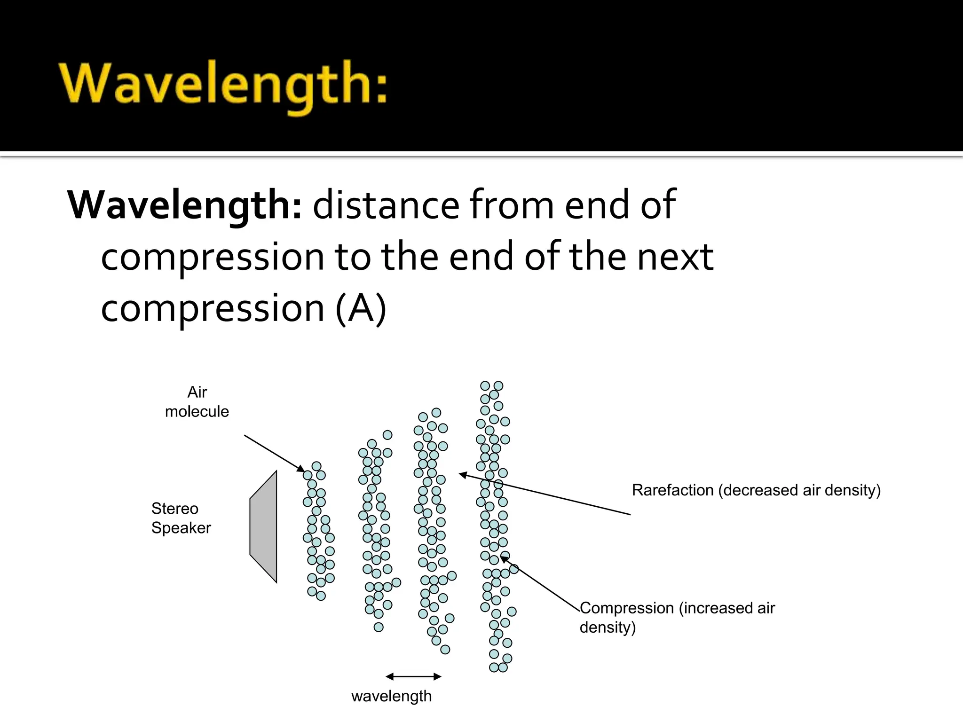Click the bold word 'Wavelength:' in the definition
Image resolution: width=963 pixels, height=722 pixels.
click(x=184, y=205)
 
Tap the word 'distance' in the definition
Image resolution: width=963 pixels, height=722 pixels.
click(x=386, y=205)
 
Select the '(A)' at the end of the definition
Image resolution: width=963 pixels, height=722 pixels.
click(x=361, y=308)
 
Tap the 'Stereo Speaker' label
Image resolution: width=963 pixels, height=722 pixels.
click(x=181, y=518)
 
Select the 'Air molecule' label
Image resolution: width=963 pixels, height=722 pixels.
click(x=197, y=401)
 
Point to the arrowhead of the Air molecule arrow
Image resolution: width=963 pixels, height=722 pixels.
click(x=302, y=469)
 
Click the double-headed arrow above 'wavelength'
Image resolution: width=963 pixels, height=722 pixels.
click(x=413, y=677)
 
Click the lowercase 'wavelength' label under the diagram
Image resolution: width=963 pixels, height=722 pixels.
click(x=391, y=696)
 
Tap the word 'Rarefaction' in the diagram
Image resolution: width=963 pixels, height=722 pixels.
click(x=672, y=490)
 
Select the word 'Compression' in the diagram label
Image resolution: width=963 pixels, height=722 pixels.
click(x=627, y=608)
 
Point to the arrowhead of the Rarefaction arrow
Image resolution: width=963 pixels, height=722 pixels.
click(x=462, y=475)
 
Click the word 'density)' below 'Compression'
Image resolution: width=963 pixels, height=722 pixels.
click(x=608, y=628)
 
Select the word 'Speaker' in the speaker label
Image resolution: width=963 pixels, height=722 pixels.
click(x=181, y=528)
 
